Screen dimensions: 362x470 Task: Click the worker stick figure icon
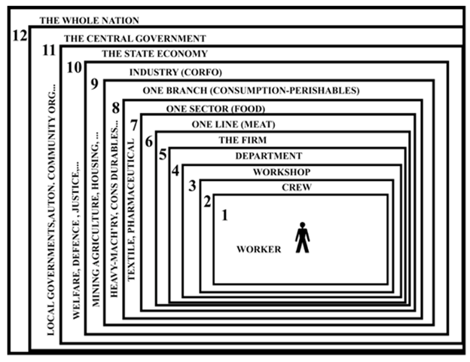(302, 237)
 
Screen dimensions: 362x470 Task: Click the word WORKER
(258, 250)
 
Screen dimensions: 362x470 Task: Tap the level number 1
(224, 216)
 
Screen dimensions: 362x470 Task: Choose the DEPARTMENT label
(268, 156)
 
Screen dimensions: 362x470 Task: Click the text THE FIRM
(243, 140)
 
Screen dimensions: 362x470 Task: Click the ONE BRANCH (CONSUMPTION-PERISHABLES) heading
(251, 90)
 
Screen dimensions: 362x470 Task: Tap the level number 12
(20, 35)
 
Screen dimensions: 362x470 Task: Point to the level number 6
(148, 141)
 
